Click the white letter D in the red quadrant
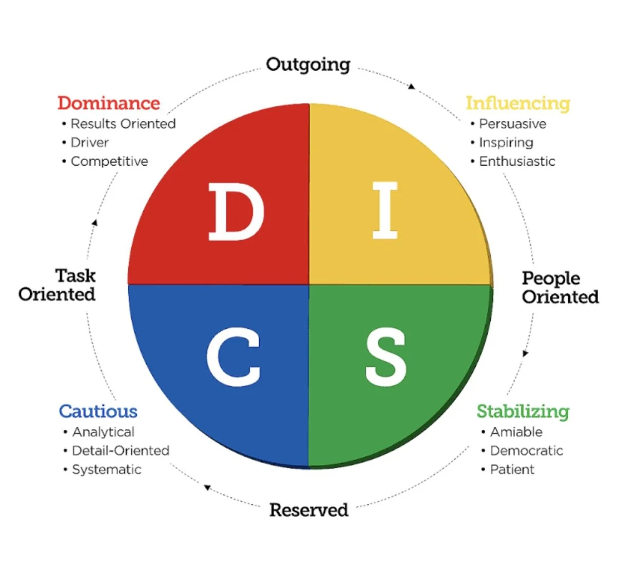coord(236,212)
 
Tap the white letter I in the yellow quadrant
coord(385,211)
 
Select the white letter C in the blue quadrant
coord(234,357)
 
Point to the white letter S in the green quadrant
coord(386,357)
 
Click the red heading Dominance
coord(108,103)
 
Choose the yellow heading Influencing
coord(517,103)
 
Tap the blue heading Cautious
coord(98,411)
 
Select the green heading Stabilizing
coord(523,411)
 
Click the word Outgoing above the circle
coord(308,65)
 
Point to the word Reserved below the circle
coord(308,510)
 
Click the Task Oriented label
coord(57,285)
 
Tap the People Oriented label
coord(559,287)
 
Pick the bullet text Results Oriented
coord(123,124)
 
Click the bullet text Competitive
coord(109,161)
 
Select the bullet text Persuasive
coord(512,124)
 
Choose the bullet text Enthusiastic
coord(517,161)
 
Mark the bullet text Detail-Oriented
coord(121,450)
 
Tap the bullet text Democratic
coord(526,450)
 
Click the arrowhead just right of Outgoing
coord(411,86)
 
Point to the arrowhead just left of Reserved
coord(207,487)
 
